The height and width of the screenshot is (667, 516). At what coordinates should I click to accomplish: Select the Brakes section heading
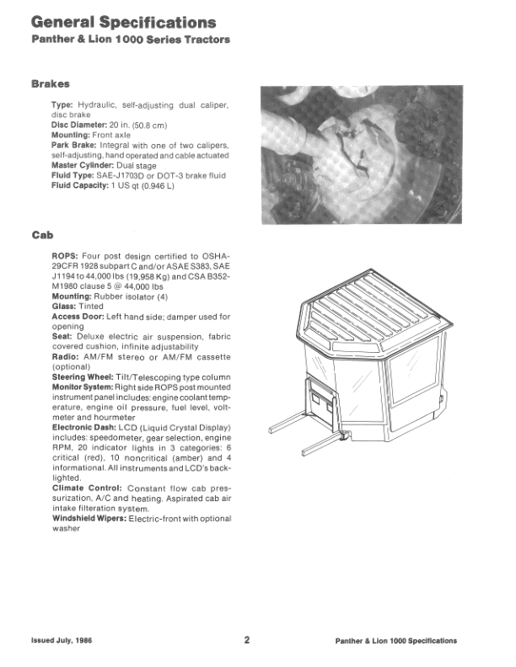click(50, 84)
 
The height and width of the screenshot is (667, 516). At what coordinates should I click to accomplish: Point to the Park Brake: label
click(77, 145)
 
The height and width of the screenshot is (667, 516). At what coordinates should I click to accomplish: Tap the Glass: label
click(67, 307)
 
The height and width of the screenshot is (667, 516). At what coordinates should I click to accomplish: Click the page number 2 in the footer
click(247, 640)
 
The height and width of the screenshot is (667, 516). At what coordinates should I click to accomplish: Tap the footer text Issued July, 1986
click(62, 641)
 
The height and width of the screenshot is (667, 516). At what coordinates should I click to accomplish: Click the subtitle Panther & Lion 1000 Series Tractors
click(131, 41)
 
